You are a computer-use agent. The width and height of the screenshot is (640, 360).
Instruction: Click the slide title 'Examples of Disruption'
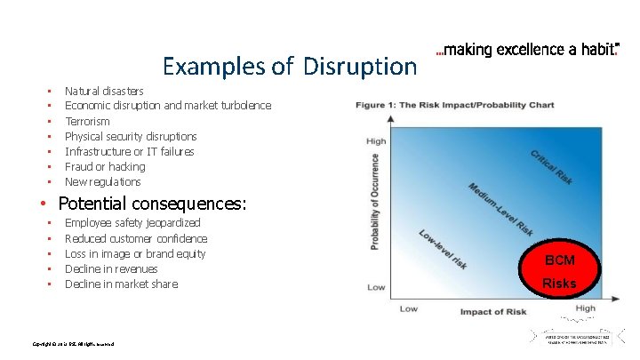(289, 66)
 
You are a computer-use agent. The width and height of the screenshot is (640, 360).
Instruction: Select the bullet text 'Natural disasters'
(104, 91)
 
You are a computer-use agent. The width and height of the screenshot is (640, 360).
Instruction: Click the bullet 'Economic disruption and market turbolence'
(168, 106)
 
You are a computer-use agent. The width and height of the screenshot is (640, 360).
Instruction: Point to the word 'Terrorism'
(87, 121)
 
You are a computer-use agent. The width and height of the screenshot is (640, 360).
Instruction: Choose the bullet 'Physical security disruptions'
(131, 136)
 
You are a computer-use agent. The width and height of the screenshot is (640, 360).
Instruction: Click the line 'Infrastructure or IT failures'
(129, 151)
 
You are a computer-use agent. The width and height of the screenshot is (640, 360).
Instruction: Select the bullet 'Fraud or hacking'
(105, 166)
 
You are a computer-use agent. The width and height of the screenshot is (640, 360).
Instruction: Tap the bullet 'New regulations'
(102, 181)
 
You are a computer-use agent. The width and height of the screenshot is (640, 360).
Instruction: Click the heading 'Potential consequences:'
(151, 204)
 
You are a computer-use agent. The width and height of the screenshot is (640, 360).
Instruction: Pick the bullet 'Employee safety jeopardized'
(132, 223)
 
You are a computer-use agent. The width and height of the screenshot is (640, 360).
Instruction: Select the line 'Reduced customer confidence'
(136, 238)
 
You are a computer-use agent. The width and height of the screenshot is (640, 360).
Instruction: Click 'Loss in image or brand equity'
(135, 253)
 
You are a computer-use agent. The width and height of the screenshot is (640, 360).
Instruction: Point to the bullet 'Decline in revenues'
(111, 268)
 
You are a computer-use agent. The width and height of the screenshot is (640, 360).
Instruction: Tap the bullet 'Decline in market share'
(121, 284)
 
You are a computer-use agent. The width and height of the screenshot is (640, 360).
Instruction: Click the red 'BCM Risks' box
(560, 271)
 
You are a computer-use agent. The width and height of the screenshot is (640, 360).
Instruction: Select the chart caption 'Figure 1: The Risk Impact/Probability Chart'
(454, 105)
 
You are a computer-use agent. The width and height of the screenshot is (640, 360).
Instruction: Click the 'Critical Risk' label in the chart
(551, 166)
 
